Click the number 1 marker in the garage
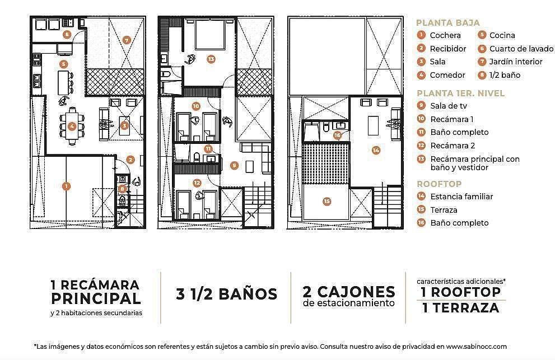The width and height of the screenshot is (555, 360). click(x=67, y=186)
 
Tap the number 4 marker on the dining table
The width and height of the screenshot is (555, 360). click(x=72, y=126)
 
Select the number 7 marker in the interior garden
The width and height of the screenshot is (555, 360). click(x=127, y=40)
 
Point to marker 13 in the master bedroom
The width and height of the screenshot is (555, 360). click(x=211, y=58)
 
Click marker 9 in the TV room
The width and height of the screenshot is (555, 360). click(x=234, y=165)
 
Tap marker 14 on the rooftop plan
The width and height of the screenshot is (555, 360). click(x=376, y=149)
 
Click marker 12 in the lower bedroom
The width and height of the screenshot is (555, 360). click(x=197, y=183)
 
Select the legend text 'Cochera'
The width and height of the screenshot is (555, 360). click(x=445, y=35)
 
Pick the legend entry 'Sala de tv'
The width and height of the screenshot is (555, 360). click(x=449, y=106)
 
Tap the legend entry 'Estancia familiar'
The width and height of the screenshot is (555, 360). click(x=461, y=197)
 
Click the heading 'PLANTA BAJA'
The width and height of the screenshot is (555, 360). click(x=447, y=23)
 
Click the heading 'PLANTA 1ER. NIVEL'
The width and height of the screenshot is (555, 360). click(x=461, y=93)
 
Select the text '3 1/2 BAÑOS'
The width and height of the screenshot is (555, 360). click(x=226, y=293)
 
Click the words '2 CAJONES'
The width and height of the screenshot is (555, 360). click(x=348, y=291)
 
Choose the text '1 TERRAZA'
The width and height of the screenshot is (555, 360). click(x=461, y=307)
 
